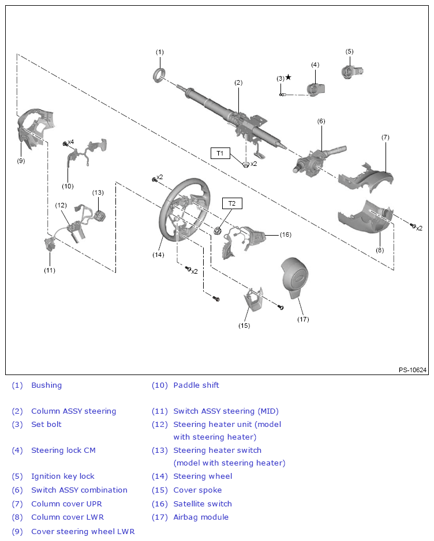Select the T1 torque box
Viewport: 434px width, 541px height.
tap(220, 153)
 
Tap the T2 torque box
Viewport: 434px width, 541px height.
tap(232, 203)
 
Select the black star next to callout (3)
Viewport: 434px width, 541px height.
tap(288, 77)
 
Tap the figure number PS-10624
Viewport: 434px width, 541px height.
tap(412, 370)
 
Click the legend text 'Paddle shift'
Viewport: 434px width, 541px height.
tap(196, 385)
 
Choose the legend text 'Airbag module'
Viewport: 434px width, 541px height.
tap(201, 517)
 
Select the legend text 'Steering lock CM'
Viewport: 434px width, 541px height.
tap(63, 451)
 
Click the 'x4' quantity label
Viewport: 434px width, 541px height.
tap(70, 142)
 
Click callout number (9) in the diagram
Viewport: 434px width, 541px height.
tap(21, 161)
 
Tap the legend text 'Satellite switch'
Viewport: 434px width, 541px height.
tap(203, 504)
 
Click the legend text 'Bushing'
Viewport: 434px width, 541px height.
tap(46, 385)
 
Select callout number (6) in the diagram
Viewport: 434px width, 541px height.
tap(321, 121)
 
